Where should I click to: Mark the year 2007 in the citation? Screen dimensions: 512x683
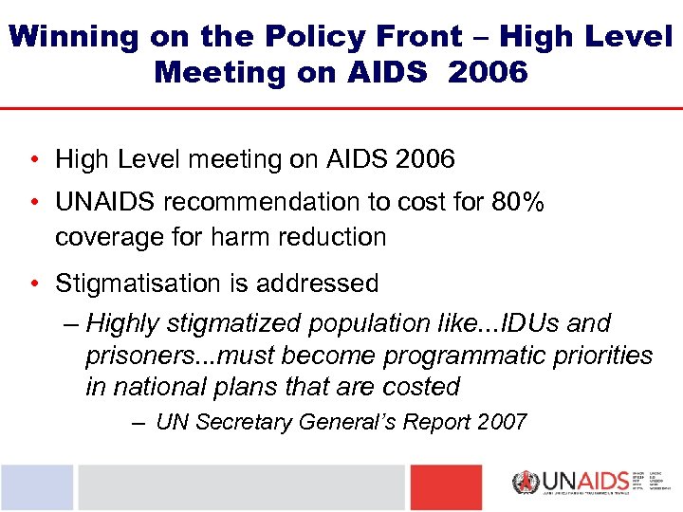(501, 422)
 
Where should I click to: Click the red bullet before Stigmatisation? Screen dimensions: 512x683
(33, 283)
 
